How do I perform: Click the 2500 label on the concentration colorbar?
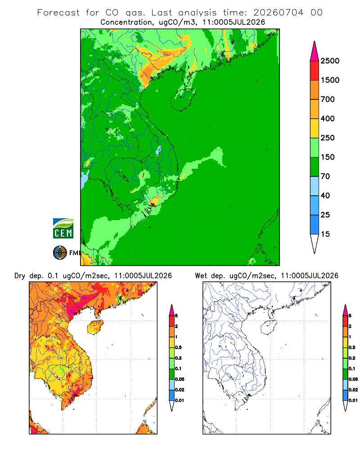coord(330,61)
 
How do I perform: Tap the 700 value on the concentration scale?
coord(328,99)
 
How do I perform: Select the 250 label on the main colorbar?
coord(328,138)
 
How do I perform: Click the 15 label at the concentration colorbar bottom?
coord(325,234)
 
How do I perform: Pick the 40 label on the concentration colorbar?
coord(325,195)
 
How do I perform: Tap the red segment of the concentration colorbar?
coord(315,70)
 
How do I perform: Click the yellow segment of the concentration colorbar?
coord(315,128)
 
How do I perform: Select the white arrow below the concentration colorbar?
coord(315,243)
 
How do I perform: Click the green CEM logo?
coord(63,228)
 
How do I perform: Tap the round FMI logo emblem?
coord(60,253)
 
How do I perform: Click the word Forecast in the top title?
coord(58,13)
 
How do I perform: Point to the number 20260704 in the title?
coord(278,13)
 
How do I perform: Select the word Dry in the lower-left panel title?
coord(20,276)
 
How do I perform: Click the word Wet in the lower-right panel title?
coord(201,276)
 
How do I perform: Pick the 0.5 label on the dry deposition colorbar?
coord(178,347)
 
